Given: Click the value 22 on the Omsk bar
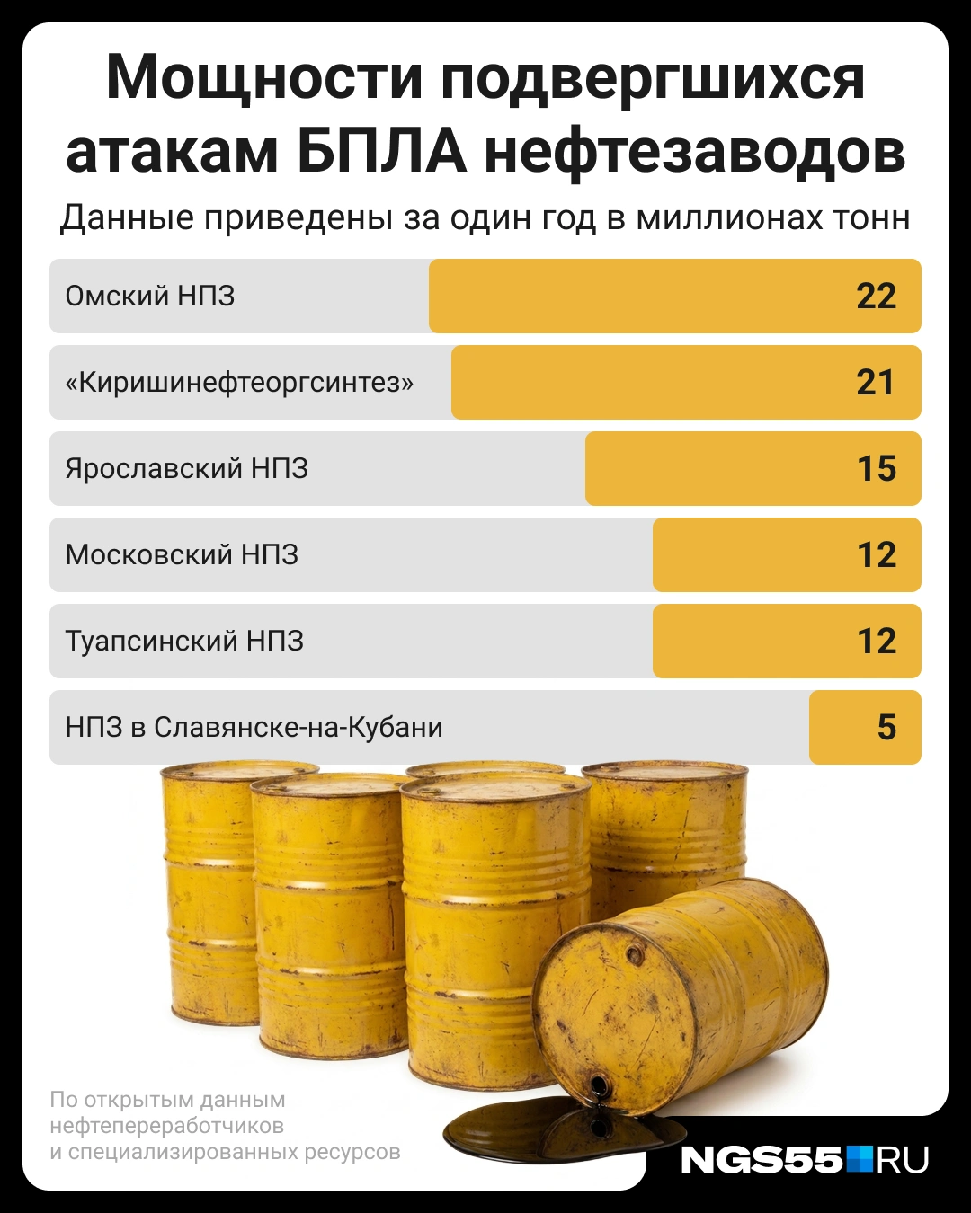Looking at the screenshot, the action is pyautogui.click(x=876, y=296).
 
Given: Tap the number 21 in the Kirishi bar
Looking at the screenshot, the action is pyautogui.click(x=875, y=383).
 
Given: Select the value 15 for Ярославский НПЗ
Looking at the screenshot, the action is pyautogui.click(x=877, y=468).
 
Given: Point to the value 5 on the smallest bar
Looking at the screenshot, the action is pyautogui.click(x=886, y=727).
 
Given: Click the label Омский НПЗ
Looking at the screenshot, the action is pyautogui.click(x=149, y=296).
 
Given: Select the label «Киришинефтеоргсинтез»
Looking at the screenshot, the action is pyautogui.click(x=239, y=383).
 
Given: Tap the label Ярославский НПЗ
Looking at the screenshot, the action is pyautogui.click(x=187, y=469).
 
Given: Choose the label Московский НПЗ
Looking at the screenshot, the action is pyautogui.click(x=182, y=554).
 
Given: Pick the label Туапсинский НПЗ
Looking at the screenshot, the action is pyautogui.click(x=184, y=642).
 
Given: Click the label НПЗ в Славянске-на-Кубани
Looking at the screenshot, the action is pyautogui.click(x=254, y=727).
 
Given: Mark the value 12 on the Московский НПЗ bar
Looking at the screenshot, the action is pyautogui.click(x=877, y=554).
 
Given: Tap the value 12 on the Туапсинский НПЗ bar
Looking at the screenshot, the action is pyautogui.click(x=877, y=641).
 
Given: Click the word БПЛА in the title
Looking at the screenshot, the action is pyautogui.click(x=381, y=151).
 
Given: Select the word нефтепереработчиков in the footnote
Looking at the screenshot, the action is pyautogui.click(x=167, y=1126).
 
